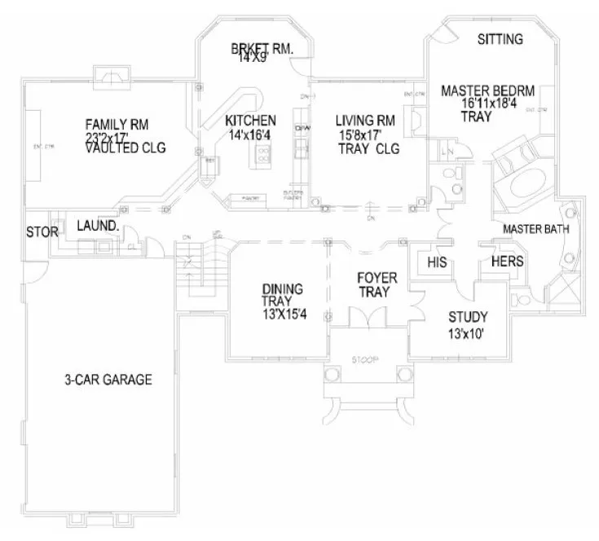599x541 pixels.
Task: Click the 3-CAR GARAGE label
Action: pos(108,380)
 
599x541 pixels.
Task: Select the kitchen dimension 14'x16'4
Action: pos(250,134)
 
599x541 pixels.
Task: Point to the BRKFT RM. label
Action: pos(261,48)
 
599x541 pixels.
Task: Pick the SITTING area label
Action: pos(500,38)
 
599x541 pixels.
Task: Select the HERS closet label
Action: pos(506,261)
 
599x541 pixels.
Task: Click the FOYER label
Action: pos(377,279)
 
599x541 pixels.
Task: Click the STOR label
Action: pos(42,232)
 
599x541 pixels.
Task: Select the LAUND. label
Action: pos(98,224)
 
